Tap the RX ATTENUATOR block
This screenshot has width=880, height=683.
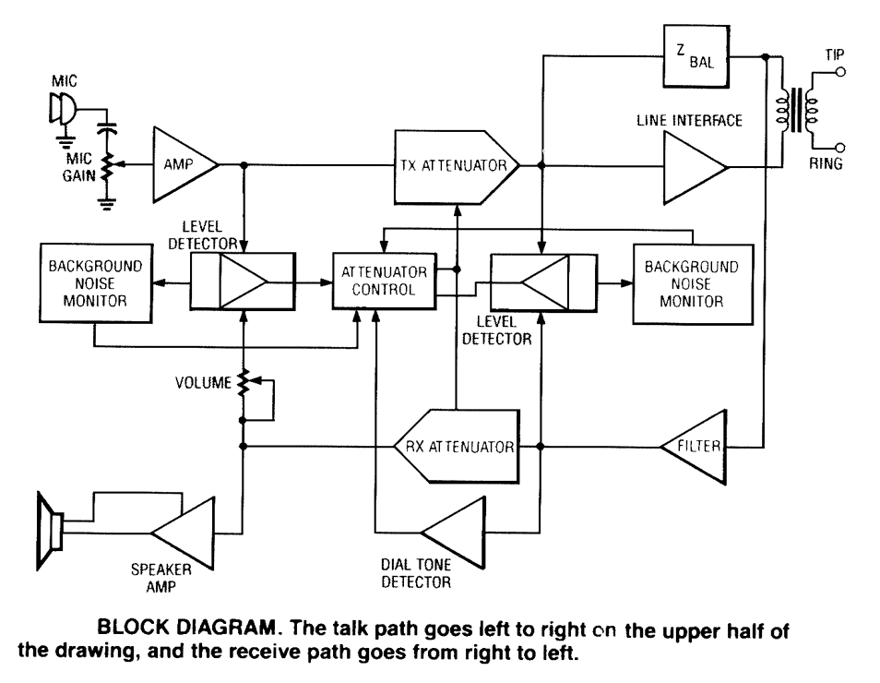458,447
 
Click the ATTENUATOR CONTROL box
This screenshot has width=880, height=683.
384,282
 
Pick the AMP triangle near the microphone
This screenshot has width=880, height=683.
184,166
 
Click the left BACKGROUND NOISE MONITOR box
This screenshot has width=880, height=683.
96,283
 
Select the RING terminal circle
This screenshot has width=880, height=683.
841,148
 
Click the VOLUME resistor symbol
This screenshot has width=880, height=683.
244,383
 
